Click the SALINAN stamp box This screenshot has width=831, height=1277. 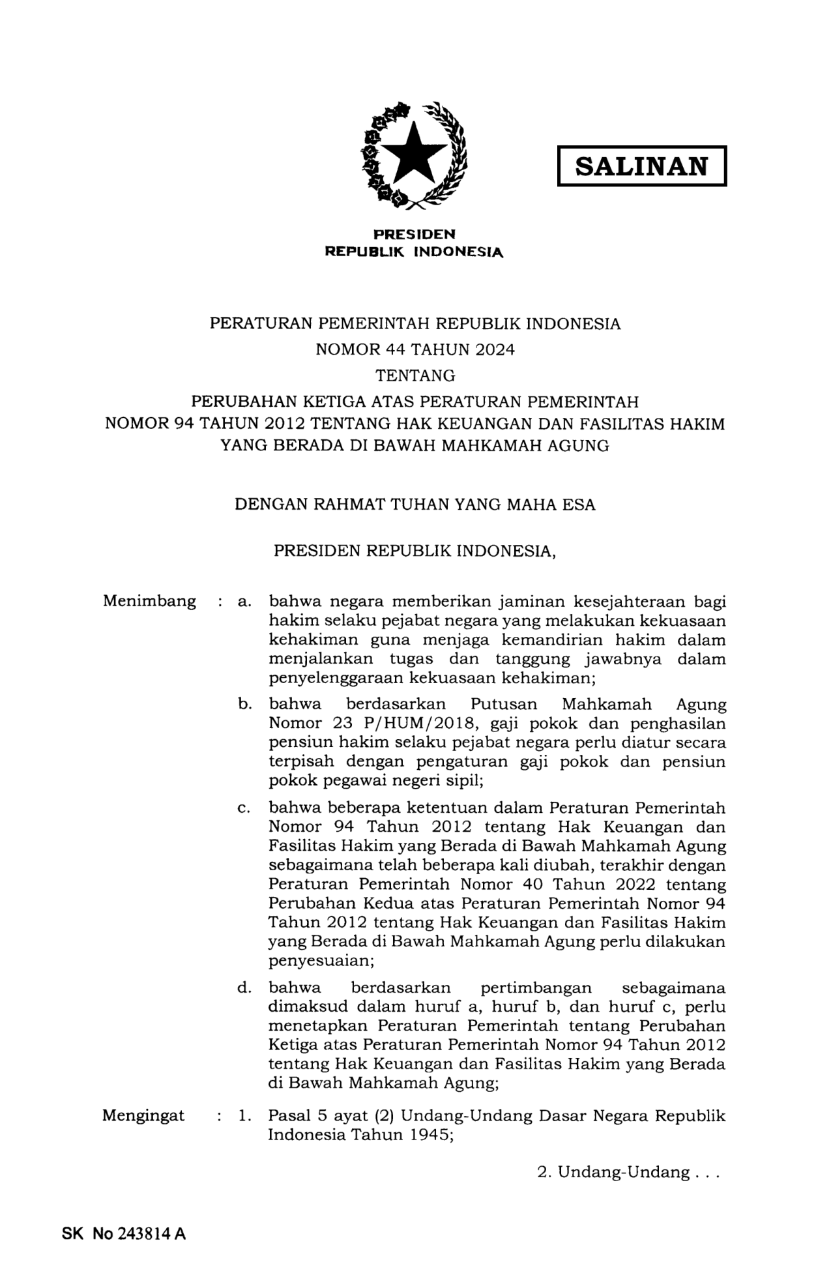641,166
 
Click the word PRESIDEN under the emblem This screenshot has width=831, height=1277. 414,234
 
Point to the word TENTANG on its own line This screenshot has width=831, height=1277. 415,375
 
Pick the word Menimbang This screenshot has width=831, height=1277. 149,601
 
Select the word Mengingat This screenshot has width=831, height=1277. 143,1115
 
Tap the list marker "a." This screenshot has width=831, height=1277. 244,602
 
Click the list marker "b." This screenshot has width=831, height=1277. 244,705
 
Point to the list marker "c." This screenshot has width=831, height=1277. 244,808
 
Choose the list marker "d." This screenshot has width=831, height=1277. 244,988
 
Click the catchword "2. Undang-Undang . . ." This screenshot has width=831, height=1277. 627,1173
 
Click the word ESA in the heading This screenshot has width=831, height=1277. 578,505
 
